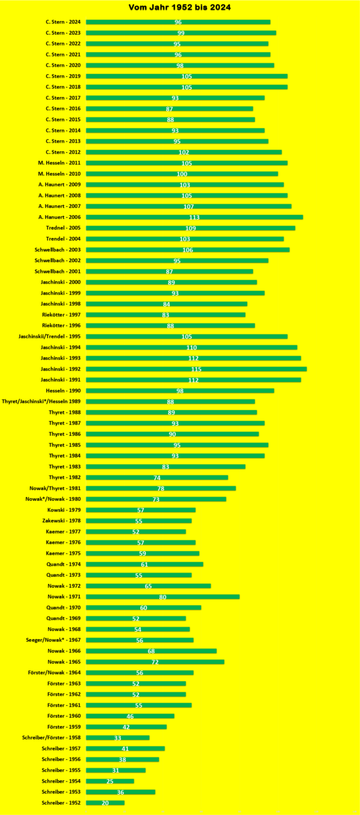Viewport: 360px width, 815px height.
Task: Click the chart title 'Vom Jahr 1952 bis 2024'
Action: pyautogui.click(x=180, y=8)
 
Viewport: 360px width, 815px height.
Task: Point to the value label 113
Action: pyautogui.click(x=194, y=217)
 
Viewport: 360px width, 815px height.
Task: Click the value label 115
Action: pyautogui.click(x=196, y=369)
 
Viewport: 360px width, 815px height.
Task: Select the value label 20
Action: pyautogui.click(x=105, y=803)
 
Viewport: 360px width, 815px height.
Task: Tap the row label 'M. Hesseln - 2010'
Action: pyautogui.click(x=59, y=174)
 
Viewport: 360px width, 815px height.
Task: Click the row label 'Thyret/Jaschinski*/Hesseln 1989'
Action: pyautogui.click(x=41, y=402)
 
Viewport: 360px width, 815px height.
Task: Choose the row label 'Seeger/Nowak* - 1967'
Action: pyautogui.click(x=53, y=640)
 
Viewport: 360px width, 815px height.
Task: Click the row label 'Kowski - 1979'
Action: pyautogui.click(x=64, y=510)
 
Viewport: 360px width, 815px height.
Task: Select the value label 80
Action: pyautogui.click(x=163, y=597)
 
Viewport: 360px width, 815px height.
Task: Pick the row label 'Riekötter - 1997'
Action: pyautogui.click(x=61, y=315)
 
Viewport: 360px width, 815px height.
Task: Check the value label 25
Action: pyautogui.click(x=110, y=781)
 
